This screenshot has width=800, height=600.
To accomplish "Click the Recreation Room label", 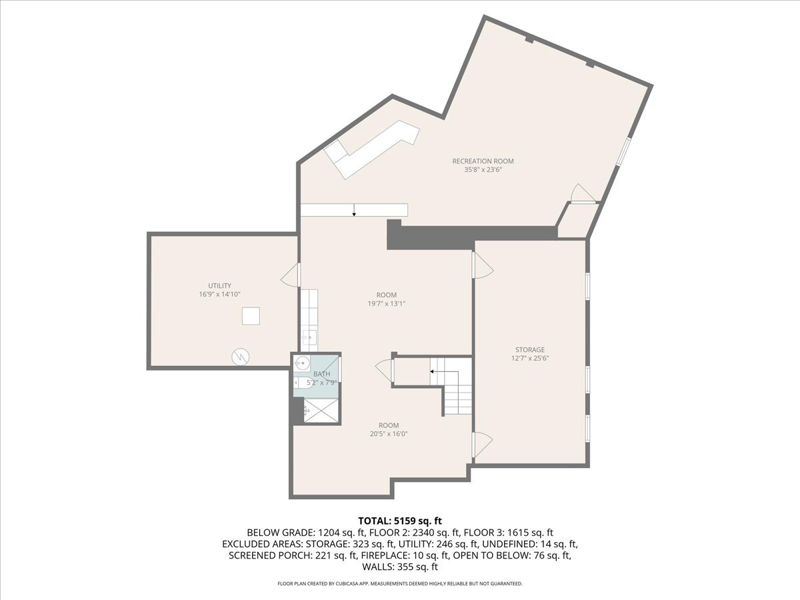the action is (483, 161).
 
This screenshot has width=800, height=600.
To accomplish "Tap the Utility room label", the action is (220, 285).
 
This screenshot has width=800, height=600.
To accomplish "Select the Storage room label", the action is (530, 350).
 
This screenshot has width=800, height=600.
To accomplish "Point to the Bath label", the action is (322, 374).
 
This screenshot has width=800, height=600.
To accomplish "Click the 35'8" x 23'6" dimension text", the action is (483, 170).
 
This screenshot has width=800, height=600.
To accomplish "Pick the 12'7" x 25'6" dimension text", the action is (530, 359).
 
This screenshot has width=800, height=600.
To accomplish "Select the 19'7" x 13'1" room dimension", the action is (387, 303).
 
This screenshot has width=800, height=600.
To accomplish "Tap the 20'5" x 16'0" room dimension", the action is (389, 434).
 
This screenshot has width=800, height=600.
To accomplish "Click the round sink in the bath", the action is (302, 363).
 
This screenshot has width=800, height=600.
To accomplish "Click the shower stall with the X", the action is (321, 411).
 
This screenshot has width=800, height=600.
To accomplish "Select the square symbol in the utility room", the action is (251, 316).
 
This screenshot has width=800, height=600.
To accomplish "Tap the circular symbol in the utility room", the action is (241, 357).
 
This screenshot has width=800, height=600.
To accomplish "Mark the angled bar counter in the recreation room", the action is (372, 149).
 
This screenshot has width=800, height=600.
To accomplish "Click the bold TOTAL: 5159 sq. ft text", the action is (400, 521).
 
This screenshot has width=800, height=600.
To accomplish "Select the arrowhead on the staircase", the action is (432, 372).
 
